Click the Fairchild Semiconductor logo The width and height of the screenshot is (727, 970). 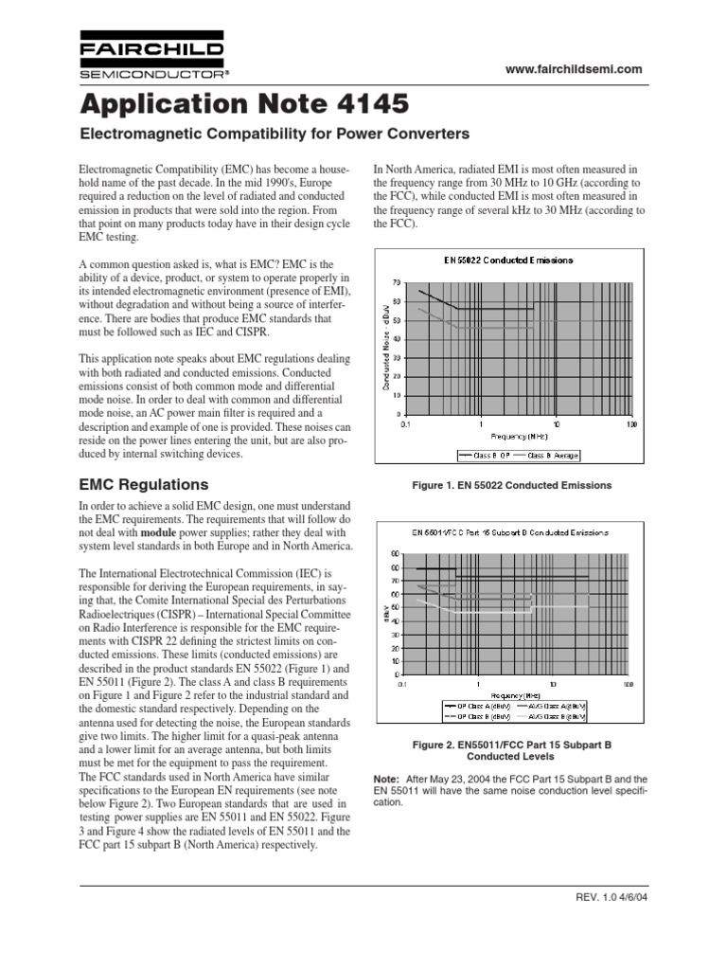[x=151, y=58]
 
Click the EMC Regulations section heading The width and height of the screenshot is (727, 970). [x=142, y=484]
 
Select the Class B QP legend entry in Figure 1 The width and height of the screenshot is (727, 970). [x=485, y=455]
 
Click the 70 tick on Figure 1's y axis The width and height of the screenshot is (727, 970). [x=396, y=282]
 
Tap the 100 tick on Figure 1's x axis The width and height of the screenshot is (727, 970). [x=630, y=425]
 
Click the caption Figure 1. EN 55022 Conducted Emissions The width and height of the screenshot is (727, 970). [x=512, y=485]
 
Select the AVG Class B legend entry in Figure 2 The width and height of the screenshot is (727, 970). [x=552, y=717]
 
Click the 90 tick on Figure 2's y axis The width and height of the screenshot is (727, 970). [x=396, y=554]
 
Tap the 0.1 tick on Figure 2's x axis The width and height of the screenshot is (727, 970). [x=403, y=683]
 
